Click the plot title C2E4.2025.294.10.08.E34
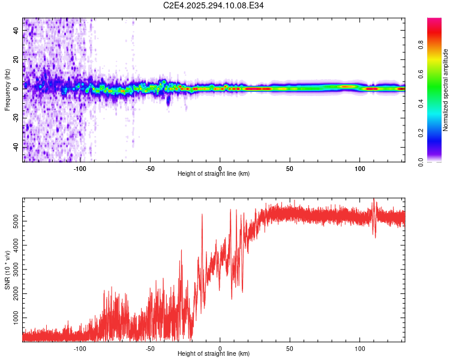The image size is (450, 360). (x=214, y=5)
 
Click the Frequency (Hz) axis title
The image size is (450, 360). (x=7, y=90)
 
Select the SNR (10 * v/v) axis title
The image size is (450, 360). (x=7, y=269)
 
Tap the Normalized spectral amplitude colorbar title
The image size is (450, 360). (x=445, y=90)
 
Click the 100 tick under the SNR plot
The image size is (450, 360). (x=360, y=348)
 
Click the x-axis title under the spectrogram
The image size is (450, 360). (x=214, y=174)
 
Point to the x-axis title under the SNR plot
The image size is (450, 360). (x=214, y=354)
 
